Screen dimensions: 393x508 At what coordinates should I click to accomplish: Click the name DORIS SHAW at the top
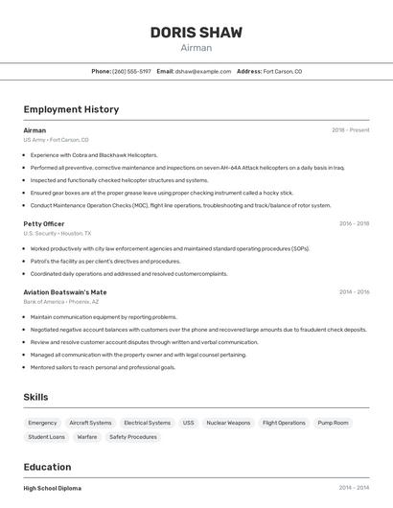pyautogui.click(x=196, y=33)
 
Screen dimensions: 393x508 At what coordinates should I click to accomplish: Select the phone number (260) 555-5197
pyautogui.click(x=131, y=71)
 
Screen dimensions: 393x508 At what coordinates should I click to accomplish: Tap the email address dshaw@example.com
pyautogui.click(x=205, y=71)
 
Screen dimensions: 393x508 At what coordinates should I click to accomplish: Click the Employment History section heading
pyautogui.click(x=71, y=109)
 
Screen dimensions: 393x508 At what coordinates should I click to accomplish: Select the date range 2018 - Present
pyautogui.click(x=350, y=130)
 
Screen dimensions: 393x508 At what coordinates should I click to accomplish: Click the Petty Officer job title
pyautogui.click(x=44, y=223)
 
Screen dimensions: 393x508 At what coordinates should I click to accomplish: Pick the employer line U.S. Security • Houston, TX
pyautogui.click(x=58, y=233)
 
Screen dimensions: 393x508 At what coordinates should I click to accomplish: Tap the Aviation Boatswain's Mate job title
pyautogui.click(x=65, y=291)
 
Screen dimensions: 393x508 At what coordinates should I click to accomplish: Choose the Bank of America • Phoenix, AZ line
pyautogui.click(x=61, y=302)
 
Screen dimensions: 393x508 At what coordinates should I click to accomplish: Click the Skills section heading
pyautogui.click(x=35, y=397)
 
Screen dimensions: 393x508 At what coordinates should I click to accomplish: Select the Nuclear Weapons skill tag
pyautogui.click(x=228, y=423)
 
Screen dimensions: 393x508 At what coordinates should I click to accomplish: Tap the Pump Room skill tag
pyautogui.click(x=333, y=423)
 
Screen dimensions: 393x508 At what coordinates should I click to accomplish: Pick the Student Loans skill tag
pyautogui.click(x=46, y=437)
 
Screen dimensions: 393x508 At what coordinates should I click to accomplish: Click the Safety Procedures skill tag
pyautogui.click(x=132, y=437)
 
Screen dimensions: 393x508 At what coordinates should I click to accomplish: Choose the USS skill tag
pyautogui.click(x=188, y=423)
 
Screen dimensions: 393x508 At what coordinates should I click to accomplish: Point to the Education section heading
pyautogui.click(x=48, y=468)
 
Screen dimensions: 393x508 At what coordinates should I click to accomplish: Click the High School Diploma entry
pyautogui.click(x=53, y=488)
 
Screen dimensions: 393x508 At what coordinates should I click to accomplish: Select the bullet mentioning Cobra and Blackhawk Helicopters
pyautogui.click(x=94, y=154)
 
